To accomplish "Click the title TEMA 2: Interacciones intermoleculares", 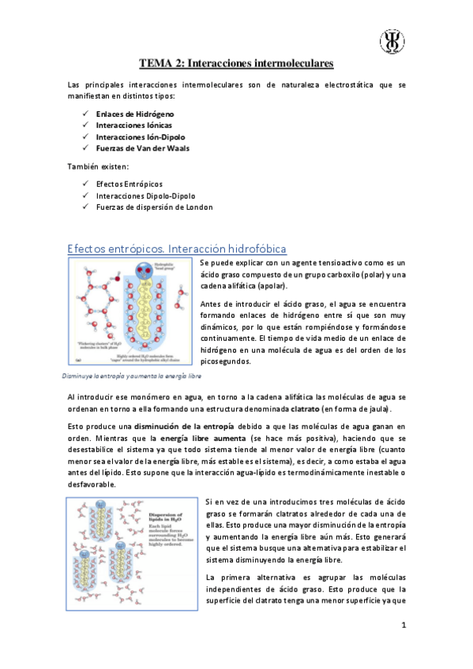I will coord(236,61).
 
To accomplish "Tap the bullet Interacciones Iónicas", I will coord(129,125).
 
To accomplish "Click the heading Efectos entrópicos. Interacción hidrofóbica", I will coord(178,249).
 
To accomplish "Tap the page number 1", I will coord(403,626).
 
